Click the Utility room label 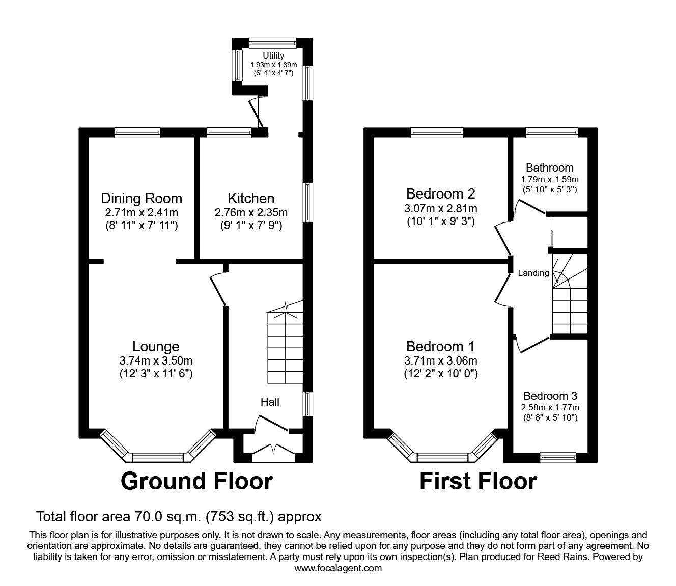click(273, 55)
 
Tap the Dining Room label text click(142, 198)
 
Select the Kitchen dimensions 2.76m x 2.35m click(251, 213)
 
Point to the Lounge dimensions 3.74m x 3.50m click(156, 360)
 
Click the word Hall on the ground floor click(270, 402)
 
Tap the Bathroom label click(549, 168)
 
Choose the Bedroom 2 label click(440, 193)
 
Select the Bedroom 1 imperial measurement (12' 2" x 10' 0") click(441, 373)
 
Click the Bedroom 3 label click(550, 396)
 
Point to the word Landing click(533, 273)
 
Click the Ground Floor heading click(197, 481)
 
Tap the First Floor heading click(478, 481)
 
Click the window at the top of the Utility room click(273, 43)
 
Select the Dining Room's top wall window click(137, 132)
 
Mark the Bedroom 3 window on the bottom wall click(558, 457)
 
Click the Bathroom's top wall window click(552, 132)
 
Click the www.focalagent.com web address click(338, 568)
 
